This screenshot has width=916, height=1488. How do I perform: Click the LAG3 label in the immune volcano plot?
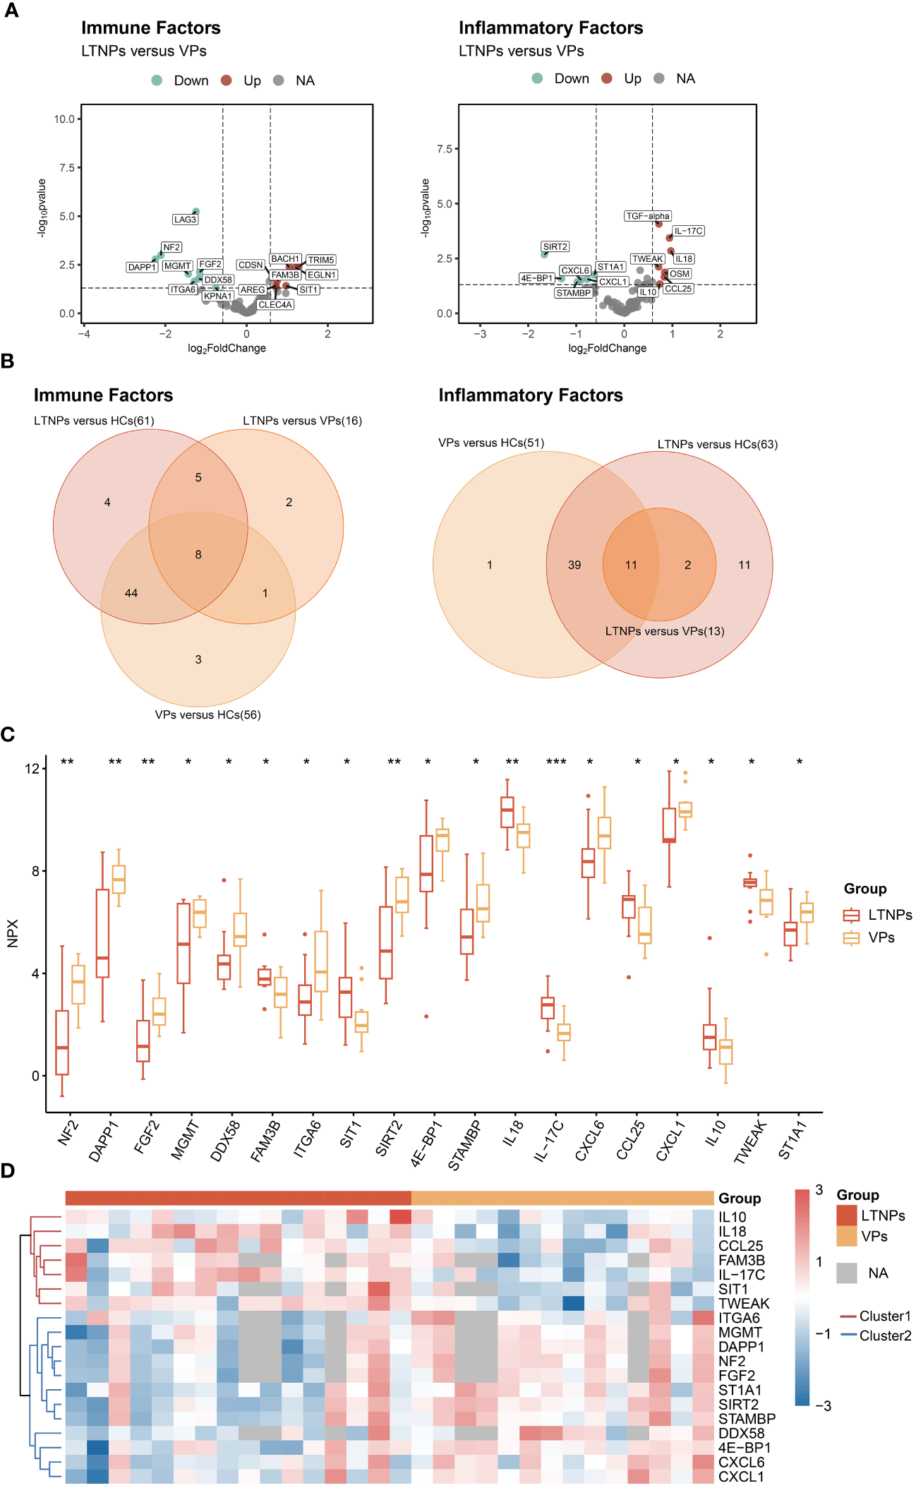click(x=185, y=220)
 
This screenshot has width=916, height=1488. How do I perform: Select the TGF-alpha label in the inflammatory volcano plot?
click(x=648, y=216)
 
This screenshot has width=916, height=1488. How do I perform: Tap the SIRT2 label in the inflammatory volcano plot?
click(x=555, y=247)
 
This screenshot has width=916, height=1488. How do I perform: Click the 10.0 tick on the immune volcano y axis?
click(x=64, y=119)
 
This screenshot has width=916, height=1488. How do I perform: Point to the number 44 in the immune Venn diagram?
click(x=131, y=593)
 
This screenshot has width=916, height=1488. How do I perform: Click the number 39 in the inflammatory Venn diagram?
click(x=574, y=565)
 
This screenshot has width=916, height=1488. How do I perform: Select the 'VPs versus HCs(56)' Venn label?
click(x=207, y=714)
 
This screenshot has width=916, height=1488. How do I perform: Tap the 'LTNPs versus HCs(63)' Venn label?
click(x=717, y=444)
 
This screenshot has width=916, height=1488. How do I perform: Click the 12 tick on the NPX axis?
click(x=32, y=768)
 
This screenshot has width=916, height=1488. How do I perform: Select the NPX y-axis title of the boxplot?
click(x=12, y=933)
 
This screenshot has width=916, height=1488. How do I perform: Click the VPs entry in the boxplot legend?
click(x=881, y=937)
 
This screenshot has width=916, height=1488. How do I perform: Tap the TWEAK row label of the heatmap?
click(x=744, y=1303)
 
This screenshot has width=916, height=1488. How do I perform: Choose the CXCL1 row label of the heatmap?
click(x=741, y=1476)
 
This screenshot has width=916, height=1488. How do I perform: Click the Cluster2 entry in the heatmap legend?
click(x=885, y=1336)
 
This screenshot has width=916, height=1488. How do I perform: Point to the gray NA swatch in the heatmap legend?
click(x=847, y=1273)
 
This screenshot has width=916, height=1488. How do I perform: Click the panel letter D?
click(x=8, y=1171)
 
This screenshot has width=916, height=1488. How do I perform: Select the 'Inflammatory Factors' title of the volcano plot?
click(x=550, y=28)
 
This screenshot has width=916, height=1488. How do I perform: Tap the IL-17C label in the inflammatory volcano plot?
click(x=688, y=231)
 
